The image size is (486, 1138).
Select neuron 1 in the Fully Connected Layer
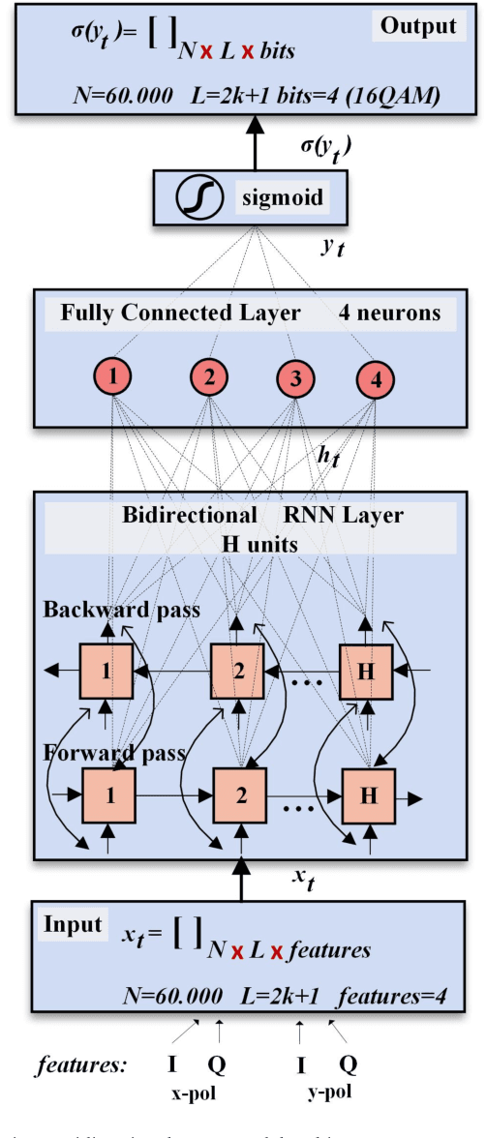pyautogui.click(x=114, y=378)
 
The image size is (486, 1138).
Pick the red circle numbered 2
pyautogui.click(x=207, y=378)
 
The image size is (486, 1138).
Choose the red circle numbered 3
pyautogui.click(x=294, y=378)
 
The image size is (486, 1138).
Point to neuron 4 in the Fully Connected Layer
pyautogui.click(x=376, y=378)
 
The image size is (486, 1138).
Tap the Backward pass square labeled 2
pyautogui.click(x=237, y=670)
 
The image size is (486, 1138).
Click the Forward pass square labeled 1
pyautogui.click(x=109, y=796)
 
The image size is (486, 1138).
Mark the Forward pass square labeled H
pyautogui.click(x=369, y=796)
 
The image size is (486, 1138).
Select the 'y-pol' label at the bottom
pyautogui.click(x=328, y=1094)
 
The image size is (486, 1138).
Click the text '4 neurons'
pyautogui.click(x=388, y=314)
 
